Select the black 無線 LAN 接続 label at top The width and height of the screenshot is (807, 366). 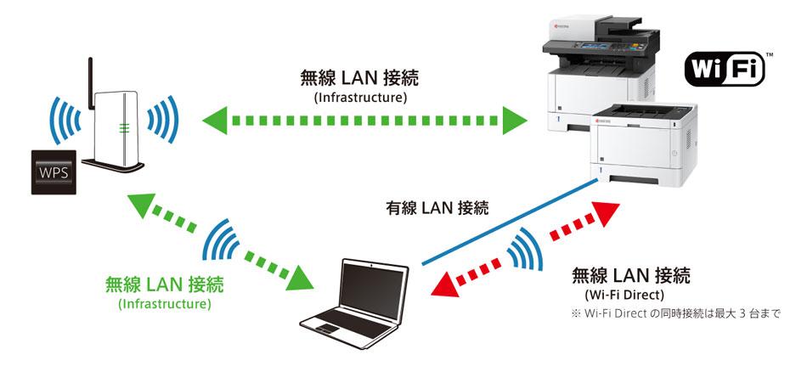click(360, 79)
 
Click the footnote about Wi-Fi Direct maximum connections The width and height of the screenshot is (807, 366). click(675, 313)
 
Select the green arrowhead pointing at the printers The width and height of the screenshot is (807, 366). click(513, 120)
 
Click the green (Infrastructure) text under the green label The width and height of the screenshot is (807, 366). click(165, 303)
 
